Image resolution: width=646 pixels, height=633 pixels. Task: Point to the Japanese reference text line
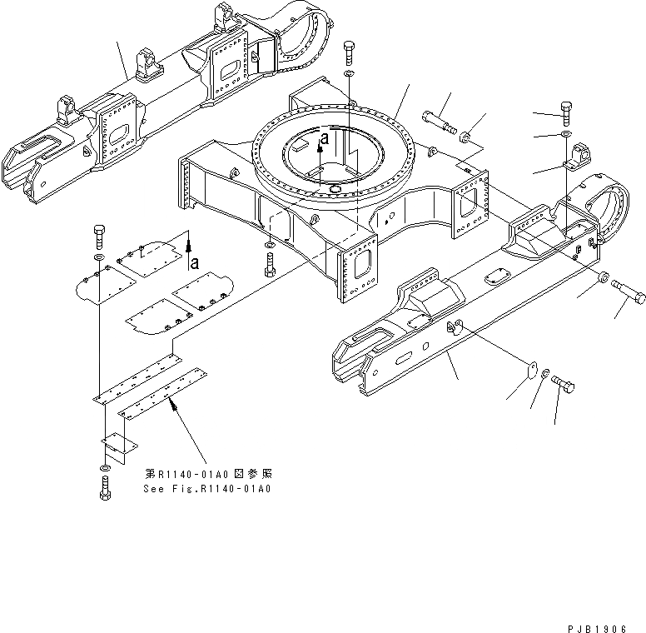point(208,473)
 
